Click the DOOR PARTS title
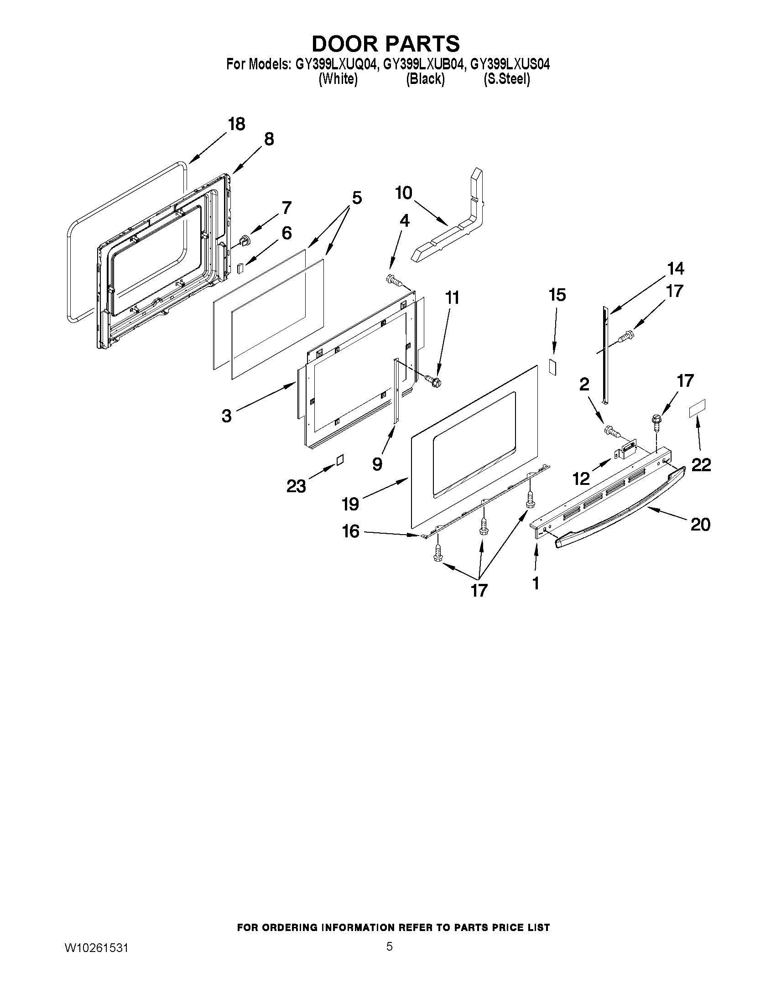[385, 44]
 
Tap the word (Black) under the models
[425, 79]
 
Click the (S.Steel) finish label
[506, 79]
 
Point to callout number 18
[237, 124]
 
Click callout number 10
[404, 193]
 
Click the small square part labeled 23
[339, 460]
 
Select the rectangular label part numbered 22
[697, 408]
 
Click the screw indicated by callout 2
[611, 431]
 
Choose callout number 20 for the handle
[700, 524]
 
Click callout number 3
[226, 416]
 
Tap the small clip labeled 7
[246, 239]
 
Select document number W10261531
[96, 947]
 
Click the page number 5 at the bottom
[389, 946]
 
